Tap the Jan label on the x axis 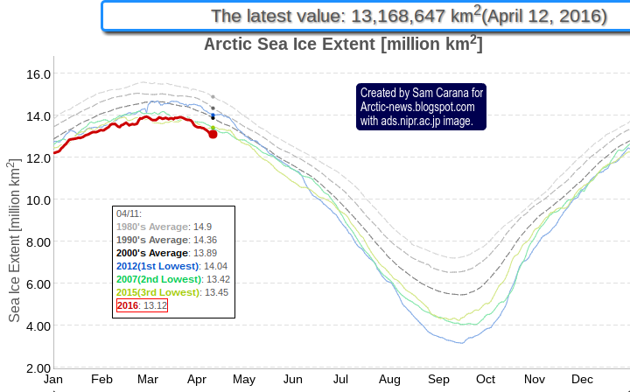click(x=53, y=380)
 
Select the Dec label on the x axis click(x=582, y=380)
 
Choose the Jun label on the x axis click(x=293, y=380)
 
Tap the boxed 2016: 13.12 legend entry click(x=142, y=305)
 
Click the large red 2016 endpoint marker click(x=213, y=134)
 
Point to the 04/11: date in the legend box click(x=129, y=213)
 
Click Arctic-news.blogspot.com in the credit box click(x=417, y=107)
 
